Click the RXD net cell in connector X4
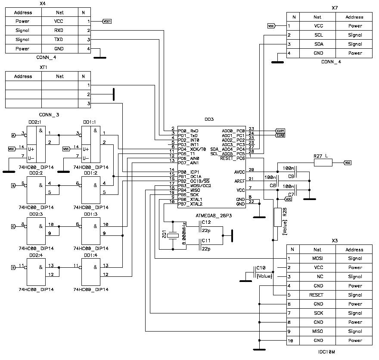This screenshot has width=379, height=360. [59, 31]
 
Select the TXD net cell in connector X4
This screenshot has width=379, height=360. [59, 40]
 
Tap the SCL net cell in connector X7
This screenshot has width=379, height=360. [317, 35]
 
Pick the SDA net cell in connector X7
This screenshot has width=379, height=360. [317, 44]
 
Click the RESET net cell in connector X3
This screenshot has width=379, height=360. [317, 295]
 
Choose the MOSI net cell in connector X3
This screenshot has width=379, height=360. [317, 259]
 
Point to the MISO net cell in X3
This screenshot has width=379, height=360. [317, 332]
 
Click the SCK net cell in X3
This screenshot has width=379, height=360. [317, 313]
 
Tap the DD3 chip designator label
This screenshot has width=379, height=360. [208, 119]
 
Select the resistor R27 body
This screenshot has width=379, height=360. [323, 163]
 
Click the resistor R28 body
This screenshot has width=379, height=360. [277, 217]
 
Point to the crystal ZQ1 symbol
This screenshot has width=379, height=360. [173, 235]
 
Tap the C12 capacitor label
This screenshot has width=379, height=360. [206, 222]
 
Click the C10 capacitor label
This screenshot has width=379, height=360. [261, 268]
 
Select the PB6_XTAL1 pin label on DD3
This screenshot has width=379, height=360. [190, 200]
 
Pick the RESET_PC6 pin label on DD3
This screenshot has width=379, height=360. [232, 158]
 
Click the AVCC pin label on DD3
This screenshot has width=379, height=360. [239, 172]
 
